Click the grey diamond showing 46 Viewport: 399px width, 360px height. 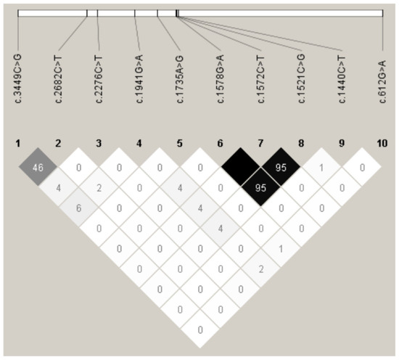38,169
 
